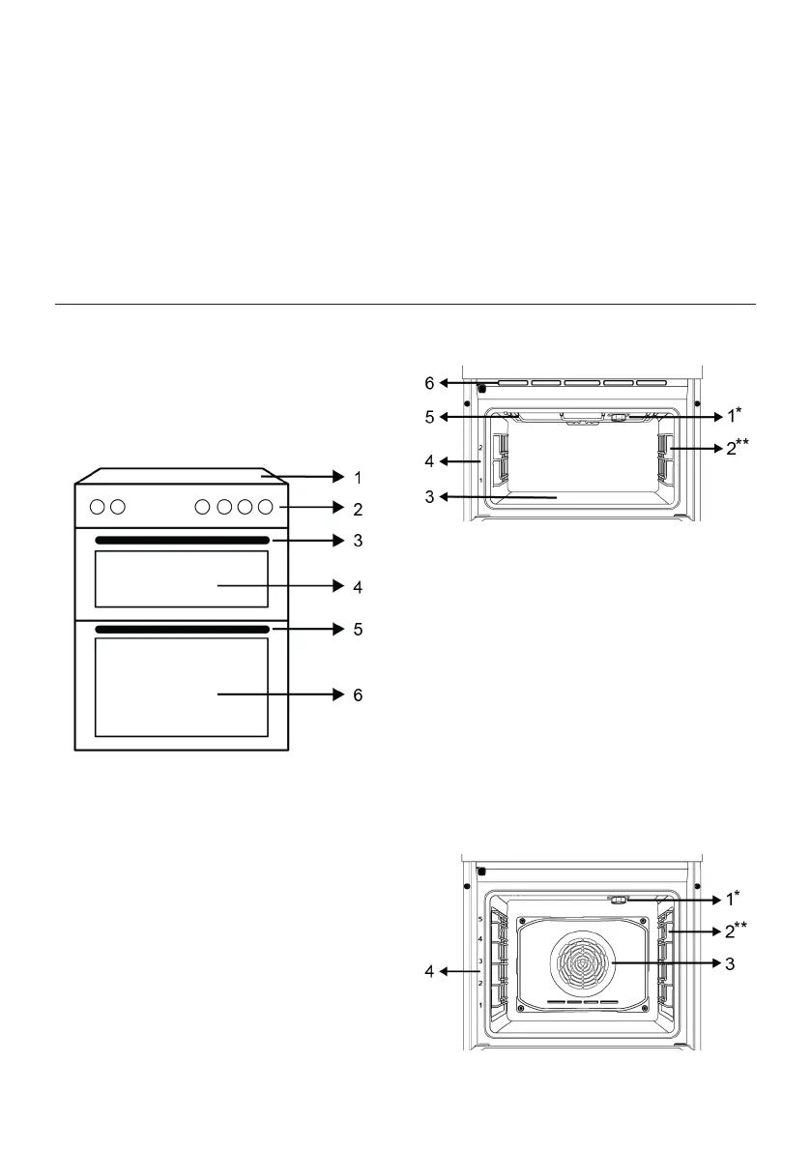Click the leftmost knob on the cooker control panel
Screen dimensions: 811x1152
99,506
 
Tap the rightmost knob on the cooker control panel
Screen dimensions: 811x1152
265,506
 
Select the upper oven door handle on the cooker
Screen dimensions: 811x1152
182,540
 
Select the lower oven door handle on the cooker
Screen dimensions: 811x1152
182,630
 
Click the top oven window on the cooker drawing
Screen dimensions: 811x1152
182,578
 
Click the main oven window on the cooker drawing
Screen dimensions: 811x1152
182,687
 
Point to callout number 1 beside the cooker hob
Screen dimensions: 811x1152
358,477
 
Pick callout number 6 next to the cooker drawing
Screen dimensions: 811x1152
358,694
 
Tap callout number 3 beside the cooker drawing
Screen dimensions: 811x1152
358,541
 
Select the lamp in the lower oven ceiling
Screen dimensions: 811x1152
619,899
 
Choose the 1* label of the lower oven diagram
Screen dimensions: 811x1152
735,899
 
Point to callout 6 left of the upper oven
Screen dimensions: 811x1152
429,383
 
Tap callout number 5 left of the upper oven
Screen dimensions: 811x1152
429,418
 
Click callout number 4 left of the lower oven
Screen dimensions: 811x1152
429,970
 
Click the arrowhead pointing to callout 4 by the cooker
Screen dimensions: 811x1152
338,586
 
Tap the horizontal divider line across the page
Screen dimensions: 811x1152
405,305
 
